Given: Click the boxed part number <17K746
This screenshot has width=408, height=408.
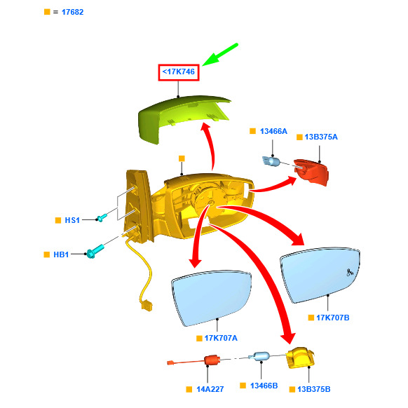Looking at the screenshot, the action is click(x=179, y=72).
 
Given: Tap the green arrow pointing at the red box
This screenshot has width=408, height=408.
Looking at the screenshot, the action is click(x=220, y=55).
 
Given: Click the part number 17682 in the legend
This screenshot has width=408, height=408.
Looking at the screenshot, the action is click(x=73, y=12).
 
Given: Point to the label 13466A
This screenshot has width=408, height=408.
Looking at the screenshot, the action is click(x=273, y=131).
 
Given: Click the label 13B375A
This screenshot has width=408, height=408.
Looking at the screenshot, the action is click(x=321, y=137).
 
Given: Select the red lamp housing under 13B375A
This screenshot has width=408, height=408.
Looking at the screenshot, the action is click(x=311, y=172).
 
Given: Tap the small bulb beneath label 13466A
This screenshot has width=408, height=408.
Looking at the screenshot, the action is click(x=271, y=161).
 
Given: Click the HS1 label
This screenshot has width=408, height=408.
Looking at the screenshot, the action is click(x=72, y=220).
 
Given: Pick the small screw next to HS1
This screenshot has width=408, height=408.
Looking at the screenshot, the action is click(x=102, y=218).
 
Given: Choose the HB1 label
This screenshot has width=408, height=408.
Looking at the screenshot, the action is click(x=61, y=254).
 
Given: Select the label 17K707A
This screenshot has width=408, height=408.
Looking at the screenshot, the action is click(x=221, y=338).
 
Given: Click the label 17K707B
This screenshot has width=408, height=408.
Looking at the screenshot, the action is click(x=333, y=318).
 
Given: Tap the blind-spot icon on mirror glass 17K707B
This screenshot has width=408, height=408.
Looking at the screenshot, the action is click(x=350, y=272).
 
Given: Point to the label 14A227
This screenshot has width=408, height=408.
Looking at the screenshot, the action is click(x=210, y=389).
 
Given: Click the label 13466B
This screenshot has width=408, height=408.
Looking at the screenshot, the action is click(x=264, y=386).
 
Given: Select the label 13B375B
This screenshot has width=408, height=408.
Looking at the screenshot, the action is click(x=314, y=389).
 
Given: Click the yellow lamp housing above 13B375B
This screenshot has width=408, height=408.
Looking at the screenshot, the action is click(x=300, y=358).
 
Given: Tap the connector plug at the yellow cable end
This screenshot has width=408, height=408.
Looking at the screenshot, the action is click(x=147, y=305).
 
